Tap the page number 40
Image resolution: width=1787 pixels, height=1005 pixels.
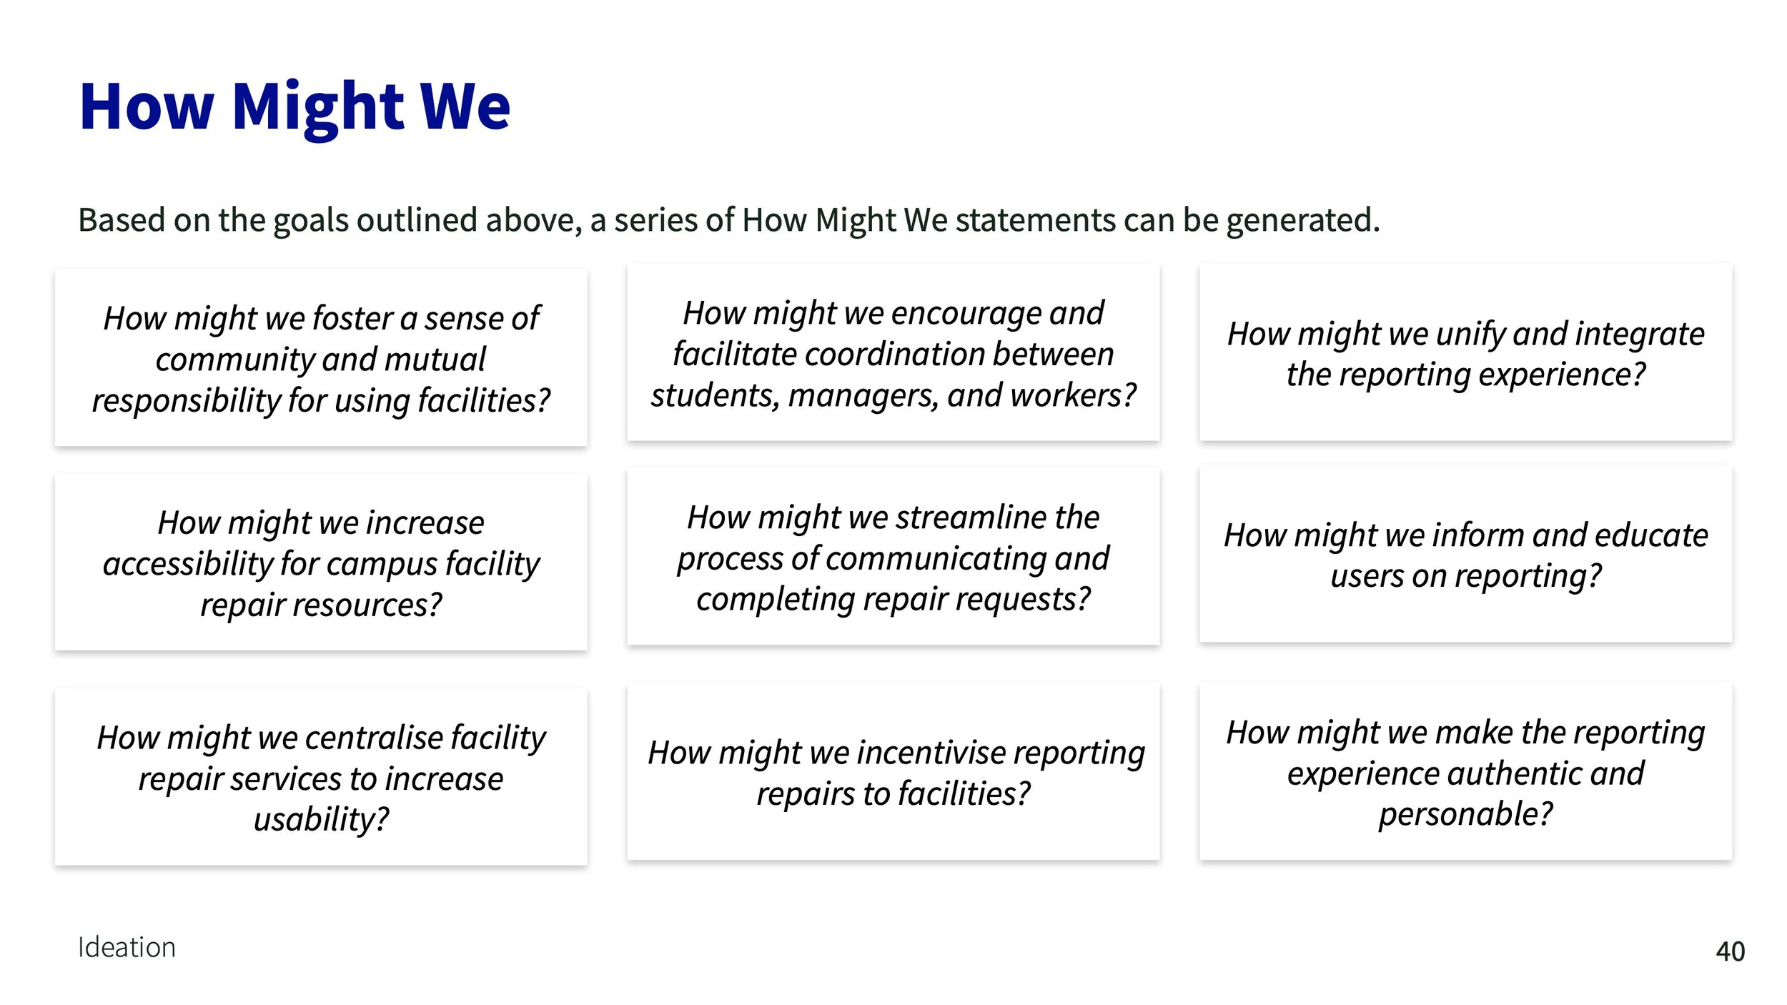click(x=1731, y=951)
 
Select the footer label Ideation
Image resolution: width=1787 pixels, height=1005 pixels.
click(x=127, y=947)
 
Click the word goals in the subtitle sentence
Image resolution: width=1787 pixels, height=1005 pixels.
click(x=311, y=220)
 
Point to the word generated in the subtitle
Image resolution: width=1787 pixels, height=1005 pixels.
click(x=1303, y=220)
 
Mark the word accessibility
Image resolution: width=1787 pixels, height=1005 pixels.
click(x=188, y=564)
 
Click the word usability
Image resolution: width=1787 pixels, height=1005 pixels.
click(x=321, y=819)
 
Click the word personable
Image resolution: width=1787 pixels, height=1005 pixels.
click(x=1465, y=815)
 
